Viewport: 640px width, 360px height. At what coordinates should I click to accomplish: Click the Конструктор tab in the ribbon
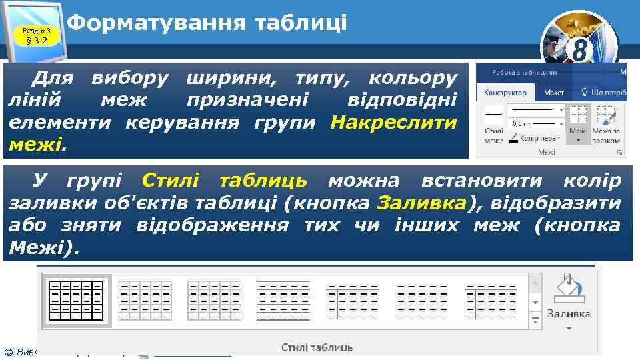[505, 93]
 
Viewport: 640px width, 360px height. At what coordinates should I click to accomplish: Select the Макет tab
[553, 93]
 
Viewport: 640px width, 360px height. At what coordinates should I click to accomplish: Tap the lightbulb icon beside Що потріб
[585, 93]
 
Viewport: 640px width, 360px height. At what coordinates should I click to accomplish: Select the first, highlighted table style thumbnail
[77, 300]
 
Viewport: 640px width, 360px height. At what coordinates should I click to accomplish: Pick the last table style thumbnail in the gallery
[490, 300]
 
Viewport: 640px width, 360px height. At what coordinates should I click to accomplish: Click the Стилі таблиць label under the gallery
[317, 347]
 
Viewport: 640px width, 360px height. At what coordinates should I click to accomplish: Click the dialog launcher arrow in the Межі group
[619, 153]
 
